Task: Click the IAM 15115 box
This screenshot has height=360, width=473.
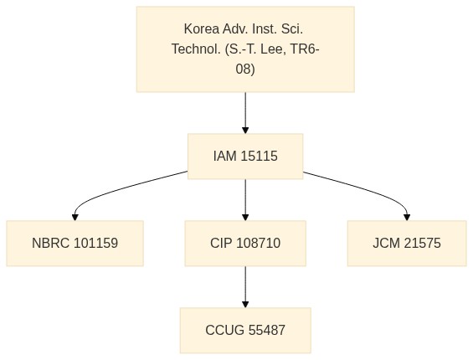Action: [245, 157]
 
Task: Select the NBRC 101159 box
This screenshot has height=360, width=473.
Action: [75, 244]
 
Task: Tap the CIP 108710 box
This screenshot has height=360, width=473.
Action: [245, 244]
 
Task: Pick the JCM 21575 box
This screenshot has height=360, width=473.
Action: [407, 244]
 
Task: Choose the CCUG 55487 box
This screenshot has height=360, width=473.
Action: [245, 330]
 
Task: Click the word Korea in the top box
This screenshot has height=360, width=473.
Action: [202, 29]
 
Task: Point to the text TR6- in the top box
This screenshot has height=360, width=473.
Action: [305, 49]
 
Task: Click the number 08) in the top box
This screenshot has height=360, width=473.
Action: [245, 69]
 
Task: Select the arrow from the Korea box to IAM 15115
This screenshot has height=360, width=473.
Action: [245, 113]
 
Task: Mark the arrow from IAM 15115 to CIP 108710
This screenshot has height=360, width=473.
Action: [245, 200]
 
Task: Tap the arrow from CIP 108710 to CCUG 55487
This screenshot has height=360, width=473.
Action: [245, 286]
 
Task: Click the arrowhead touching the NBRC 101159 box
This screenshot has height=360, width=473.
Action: [75, 218]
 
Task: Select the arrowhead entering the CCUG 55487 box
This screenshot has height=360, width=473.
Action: [245, 304]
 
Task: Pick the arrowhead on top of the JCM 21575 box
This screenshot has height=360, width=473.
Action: [407, 218]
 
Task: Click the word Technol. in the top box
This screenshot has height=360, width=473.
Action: [197, 49]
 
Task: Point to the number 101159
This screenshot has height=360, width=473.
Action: [95, 244]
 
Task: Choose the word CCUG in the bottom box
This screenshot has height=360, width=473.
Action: [224, 330]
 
